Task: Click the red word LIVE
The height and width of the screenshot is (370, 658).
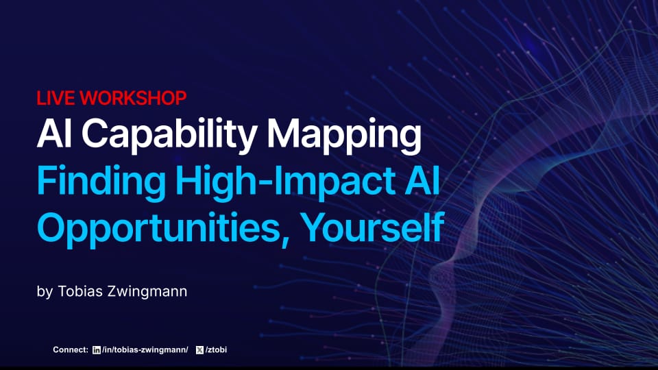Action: pos(56,98)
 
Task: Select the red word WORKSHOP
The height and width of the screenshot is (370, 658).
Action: pos(133,98)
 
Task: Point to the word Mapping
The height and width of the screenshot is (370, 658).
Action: pos(344,136)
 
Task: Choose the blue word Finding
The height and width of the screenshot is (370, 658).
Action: pos(101,182)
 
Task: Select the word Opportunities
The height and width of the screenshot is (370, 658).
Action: pos(158,229)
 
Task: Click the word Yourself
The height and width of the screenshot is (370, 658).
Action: pos(373,227)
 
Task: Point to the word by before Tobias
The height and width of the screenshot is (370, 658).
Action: pos(45,292)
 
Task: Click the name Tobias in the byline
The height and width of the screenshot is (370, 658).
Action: pos(81,291)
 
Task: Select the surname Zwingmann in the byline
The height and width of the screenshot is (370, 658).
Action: pos(148,292)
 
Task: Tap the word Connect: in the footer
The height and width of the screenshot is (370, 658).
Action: pos(71,349)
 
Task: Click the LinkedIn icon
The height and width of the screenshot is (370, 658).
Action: pos(97,350)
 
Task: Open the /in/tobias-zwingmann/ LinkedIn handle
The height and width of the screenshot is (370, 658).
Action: pos(145,350)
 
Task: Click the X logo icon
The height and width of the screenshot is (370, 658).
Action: pos(199,350)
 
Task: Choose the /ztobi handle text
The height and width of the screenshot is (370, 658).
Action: pos(216,350)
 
